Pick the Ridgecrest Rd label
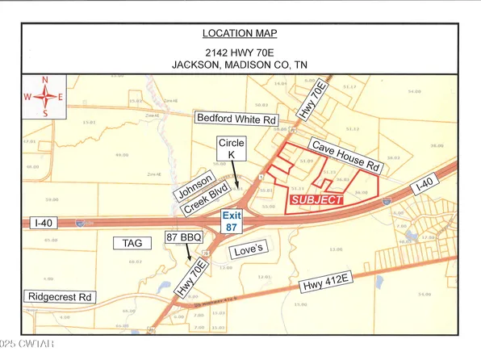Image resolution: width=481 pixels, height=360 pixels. [x=61, y=296]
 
